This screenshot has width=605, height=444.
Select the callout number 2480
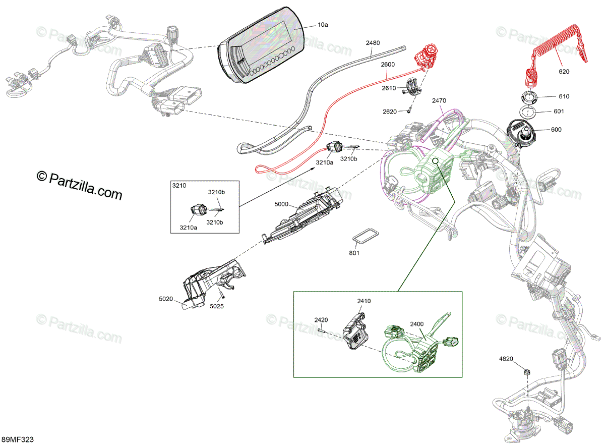click(x=373, y=43)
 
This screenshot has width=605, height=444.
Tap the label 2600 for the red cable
click(x=388, y=65)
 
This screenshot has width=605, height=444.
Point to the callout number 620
click(x=564, y=72)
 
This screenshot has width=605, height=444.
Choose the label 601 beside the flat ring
click(x=559, y=112)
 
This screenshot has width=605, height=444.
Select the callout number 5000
click(x=282, y=204)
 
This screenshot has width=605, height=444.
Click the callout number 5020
click(x=165, y=299)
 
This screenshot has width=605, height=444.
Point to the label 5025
click(x=217, y=306)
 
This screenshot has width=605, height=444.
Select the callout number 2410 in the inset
click(x=364, y=301)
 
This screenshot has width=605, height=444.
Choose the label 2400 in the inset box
click(x=417, y=324)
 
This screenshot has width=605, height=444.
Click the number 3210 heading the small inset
click(x=179, y=186)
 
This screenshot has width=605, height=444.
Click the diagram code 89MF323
click(x=18, y=440)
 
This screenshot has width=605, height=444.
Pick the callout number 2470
click(x=439, y=100)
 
